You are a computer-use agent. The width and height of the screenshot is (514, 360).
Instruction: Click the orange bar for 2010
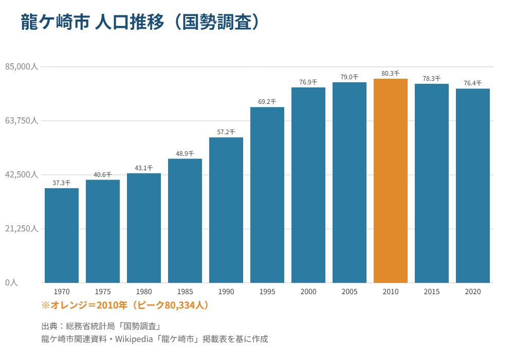point(391,181)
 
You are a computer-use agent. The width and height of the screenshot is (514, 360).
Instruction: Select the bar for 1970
point(62,236)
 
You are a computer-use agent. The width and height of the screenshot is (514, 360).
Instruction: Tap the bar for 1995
point(267,195)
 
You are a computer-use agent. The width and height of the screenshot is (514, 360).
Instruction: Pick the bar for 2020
point(473,186)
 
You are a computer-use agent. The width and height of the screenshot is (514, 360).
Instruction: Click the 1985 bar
point(185,221)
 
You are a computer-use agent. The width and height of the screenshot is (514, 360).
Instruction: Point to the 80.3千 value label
point(391,74)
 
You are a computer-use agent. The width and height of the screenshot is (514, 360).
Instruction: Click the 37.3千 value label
point(62,183)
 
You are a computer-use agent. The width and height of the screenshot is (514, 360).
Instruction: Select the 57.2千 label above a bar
point(226,132)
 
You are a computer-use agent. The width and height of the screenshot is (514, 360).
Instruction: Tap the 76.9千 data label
point(308,82)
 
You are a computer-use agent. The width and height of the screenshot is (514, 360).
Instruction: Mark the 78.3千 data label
point(431,79)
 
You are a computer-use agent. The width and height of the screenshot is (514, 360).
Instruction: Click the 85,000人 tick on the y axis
point(22,66)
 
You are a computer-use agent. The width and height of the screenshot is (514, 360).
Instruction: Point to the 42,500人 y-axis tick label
point(22,174)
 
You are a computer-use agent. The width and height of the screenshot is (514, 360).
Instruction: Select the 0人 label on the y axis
point(11,282)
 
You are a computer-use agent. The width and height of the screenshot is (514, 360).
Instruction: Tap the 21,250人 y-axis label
point(22,228)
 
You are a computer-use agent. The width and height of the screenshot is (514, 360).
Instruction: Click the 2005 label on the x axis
point(350,292)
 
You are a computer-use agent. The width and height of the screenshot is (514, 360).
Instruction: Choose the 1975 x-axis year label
point(103,292)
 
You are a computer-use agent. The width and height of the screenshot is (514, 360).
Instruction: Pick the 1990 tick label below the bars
point(226,292)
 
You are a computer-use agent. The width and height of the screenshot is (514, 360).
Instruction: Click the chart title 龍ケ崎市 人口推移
point(93,22)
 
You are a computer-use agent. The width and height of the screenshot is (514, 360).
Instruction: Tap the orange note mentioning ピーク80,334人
point(125,305)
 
